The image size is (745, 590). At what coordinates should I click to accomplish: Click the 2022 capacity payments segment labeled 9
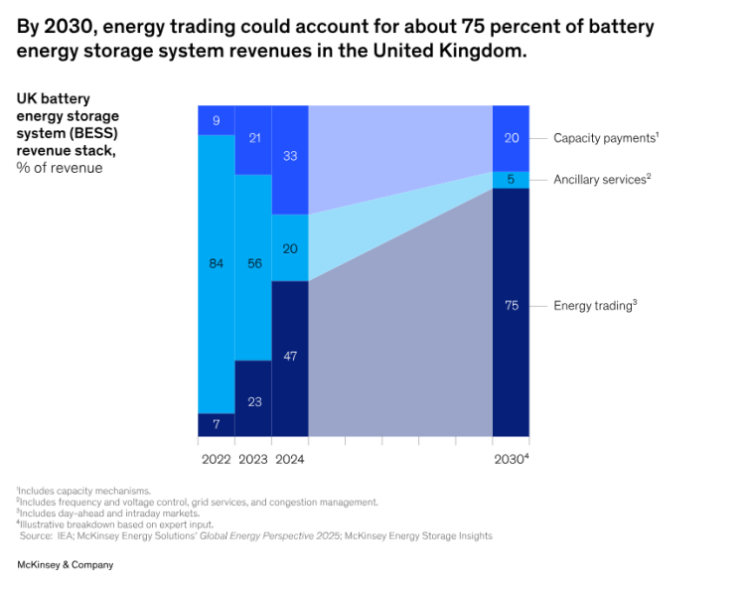(x=216, y=120)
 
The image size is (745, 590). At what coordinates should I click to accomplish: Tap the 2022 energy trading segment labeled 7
(x=216, y=425)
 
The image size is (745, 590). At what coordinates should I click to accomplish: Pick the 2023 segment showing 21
(x=253, y=139)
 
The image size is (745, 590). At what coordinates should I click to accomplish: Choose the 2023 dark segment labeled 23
(x=253, y=399)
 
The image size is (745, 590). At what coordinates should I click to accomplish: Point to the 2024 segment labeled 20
(x=290, y=248)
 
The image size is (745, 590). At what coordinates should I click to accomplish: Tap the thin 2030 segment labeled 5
(x=511, y=180)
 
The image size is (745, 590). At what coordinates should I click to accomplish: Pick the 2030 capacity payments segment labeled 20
(x=511, y=138)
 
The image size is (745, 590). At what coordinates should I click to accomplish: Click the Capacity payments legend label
(x=604, y=138)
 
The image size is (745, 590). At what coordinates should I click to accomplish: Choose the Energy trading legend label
(x=593, y=306)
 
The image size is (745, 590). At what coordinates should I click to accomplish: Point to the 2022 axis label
(x=216, y=460)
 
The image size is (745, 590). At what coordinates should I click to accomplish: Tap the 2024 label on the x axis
(x=289, y=460)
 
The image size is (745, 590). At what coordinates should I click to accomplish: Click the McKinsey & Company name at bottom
(x=65, y=565)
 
